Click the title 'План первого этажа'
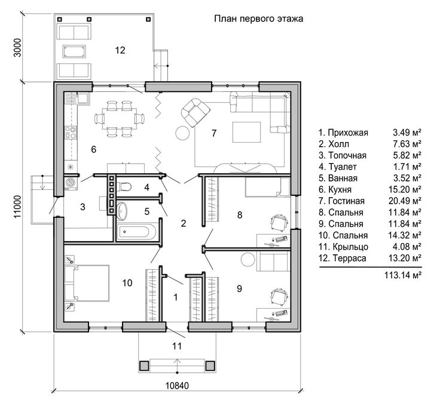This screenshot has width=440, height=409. pos(258,19)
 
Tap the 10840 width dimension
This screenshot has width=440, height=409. pos(177,386)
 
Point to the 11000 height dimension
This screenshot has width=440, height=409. pos(17,207)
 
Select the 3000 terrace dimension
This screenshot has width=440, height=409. pos(17,47)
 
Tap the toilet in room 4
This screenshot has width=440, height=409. pos(124,186)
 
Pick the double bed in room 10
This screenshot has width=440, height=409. pos(87,283)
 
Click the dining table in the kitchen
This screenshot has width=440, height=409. pos(120,118)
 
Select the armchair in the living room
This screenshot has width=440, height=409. pos(195,113)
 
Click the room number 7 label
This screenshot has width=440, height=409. pos(214,133)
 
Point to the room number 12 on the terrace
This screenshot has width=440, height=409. pos(120,50)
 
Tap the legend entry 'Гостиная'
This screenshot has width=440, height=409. pos(346,201)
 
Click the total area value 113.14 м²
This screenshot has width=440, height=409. pos(403,275)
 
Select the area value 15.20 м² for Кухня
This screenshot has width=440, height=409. pos(405,189)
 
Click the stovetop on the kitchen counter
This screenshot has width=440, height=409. pos(71,133)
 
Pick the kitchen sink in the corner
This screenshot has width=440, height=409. pos(82,98)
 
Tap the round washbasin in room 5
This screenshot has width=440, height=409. pos(122,211)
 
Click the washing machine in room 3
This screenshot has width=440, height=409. pos(71,183)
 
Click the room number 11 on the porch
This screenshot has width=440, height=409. pos(177,346)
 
